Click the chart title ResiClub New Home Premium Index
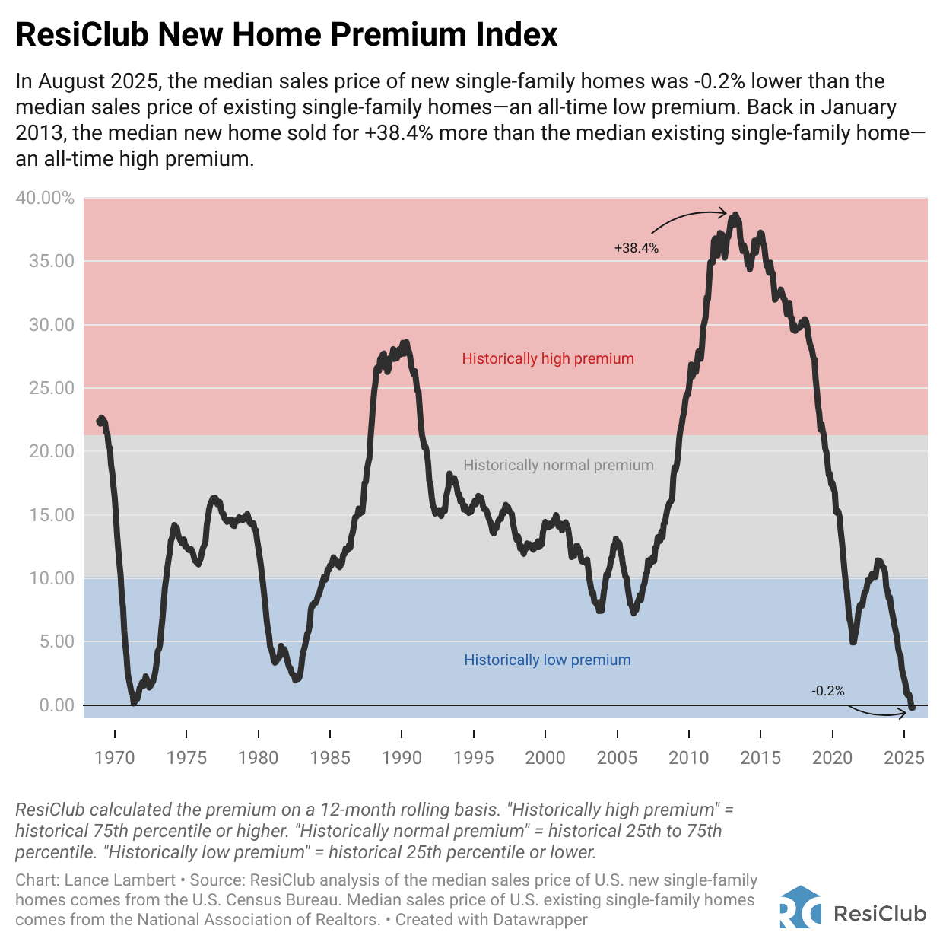pos(287,35)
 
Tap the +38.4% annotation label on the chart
pos(637,248)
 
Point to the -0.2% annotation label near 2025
pos(827,691)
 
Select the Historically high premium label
pos(548,358)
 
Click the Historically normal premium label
pos(558,465)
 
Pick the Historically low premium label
pos(548,660)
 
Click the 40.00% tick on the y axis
pos(46,199)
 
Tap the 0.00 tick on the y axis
pos(56,705)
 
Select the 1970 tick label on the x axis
pos(115,757)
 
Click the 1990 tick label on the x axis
pos(402,757)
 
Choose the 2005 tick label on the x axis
pos(617,757)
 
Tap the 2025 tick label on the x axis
pos(904,757)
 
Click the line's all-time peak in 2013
pos(735,216)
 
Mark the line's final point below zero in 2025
pos(912,708)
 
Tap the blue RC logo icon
pos(800,906)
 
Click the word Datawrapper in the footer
pos(540,919)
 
